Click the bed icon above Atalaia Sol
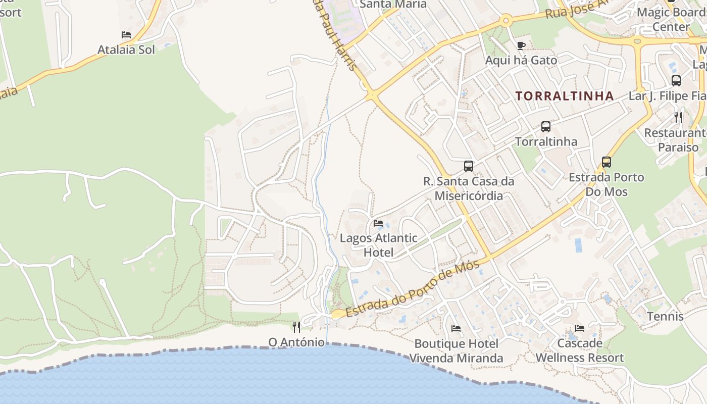[x=126, y=35]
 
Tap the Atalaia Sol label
[x=126, y=49]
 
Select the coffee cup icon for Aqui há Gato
[x=521, y=46]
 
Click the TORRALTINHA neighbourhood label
[x=565, y=96]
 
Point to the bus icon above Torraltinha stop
[x=546, y=127]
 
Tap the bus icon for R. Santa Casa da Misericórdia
[x=469, y=166]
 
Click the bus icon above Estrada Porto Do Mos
[x=607, y=162]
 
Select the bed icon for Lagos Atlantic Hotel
[x=378, y=223]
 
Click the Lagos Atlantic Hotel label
[x=378, y=245]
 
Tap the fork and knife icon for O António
[x=296, y=327]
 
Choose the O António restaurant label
[x=296, y=342]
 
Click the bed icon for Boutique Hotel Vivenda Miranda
[x=456, y=329]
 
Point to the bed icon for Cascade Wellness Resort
[x=580, y=328]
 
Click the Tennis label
[x=665, y=317]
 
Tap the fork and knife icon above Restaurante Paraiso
[x=678, y=118]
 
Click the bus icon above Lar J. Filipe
[x=676, y=81]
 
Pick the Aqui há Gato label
[x=521, y=60]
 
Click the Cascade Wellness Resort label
[x=580, y=350]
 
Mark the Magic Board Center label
[x=671, y=19]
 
